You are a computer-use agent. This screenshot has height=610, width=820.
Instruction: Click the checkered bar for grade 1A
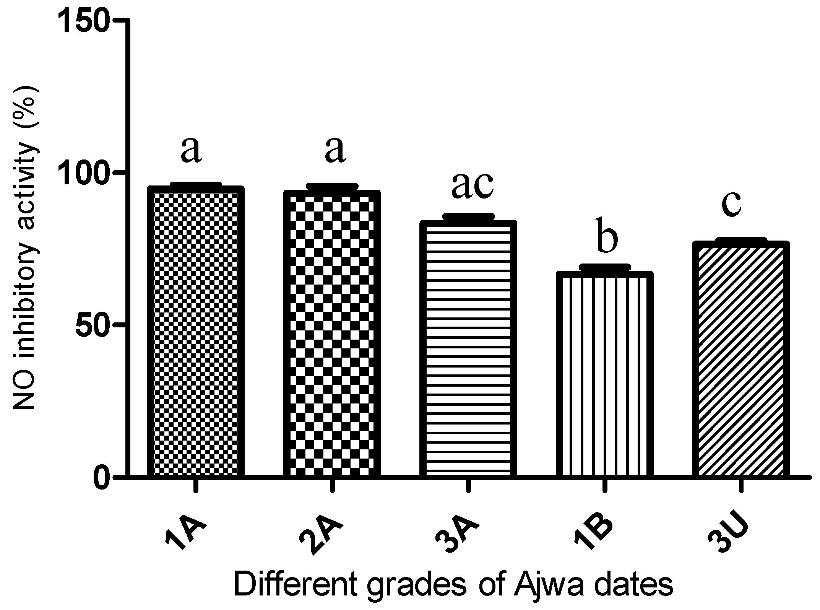tap(196, 332)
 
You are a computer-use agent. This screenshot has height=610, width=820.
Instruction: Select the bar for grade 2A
tap(332, 334)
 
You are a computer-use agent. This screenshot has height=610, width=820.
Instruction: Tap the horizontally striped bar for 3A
tap(468, 349)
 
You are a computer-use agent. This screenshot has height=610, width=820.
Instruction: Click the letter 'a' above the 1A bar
tap(191, 150)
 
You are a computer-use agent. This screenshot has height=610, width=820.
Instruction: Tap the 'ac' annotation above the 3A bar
tap(473, 186)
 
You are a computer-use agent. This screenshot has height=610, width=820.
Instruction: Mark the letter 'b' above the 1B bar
tap(607, 236)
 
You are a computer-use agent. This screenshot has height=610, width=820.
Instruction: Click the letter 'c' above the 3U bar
tap(731, 203)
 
